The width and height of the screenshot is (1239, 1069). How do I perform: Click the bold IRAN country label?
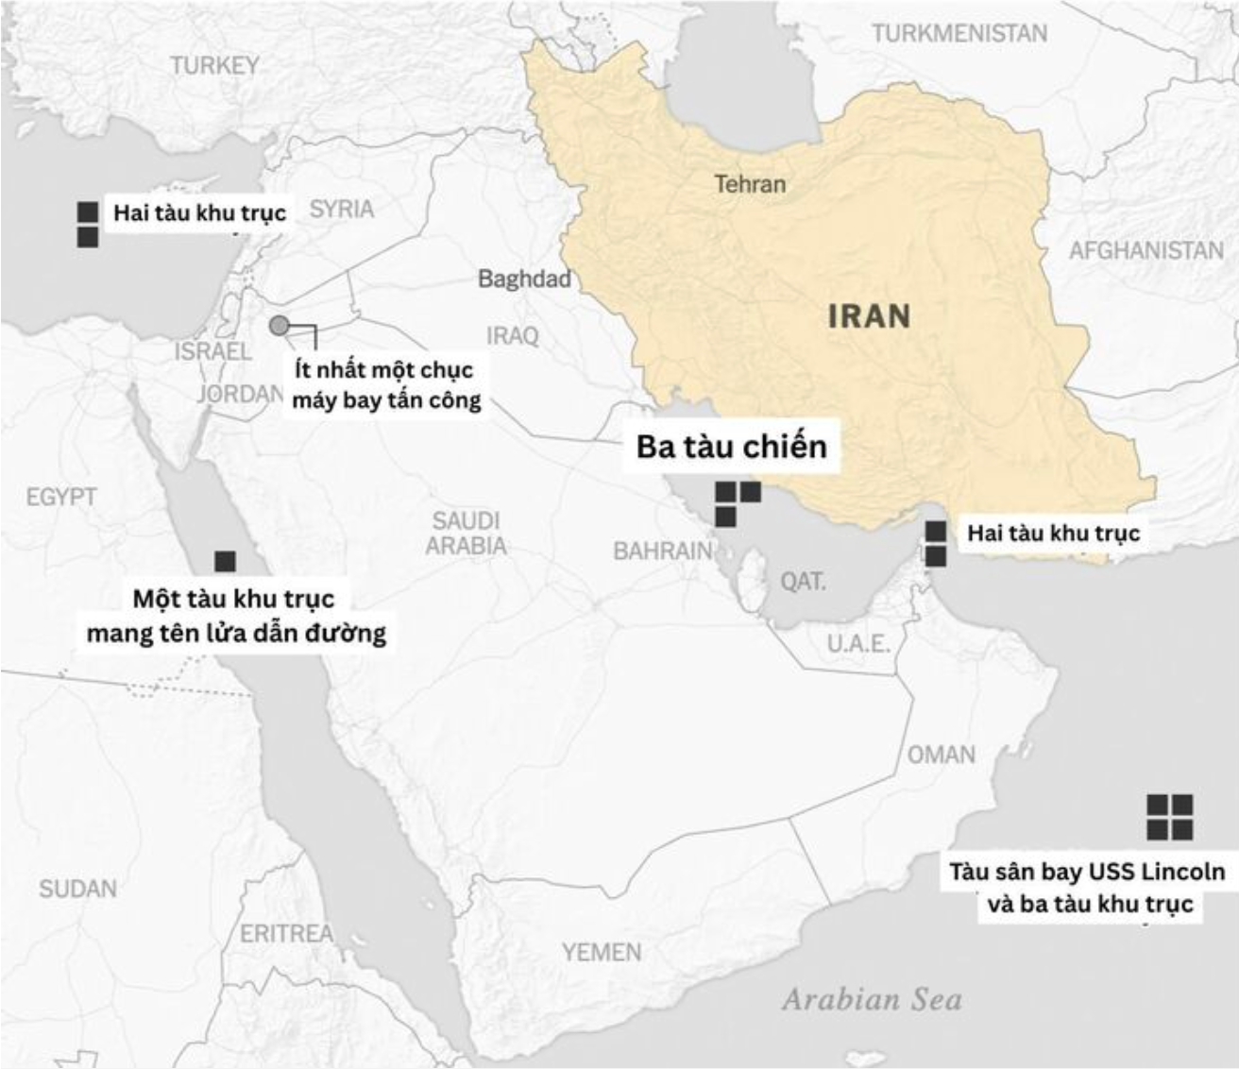click(x=869, y=315)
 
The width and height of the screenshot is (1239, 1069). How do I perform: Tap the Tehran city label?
click(x=750, y=183)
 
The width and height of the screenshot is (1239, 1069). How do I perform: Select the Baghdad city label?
click(x=524, y=279)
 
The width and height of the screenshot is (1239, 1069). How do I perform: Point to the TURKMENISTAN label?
click(x=959, y=34)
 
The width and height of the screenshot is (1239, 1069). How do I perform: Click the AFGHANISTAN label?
click(x=1146, y=250)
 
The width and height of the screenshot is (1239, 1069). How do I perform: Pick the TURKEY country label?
click(x=214, y=65)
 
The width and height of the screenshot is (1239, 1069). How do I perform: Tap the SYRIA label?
click(x=341, y=209)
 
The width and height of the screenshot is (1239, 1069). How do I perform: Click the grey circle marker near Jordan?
click(x=279, y=326)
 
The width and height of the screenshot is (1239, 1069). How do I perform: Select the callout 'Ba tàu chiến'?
click(x=731, y=446)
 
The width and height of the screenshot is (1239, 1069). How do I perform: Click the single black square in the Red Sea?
click(x=225, y=561)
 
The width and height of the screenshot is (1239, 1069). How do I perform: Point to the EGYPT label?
click(x=61, y=497)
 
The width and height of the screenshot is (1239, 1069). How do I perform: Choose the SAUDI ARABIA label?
click(x=466, y=534)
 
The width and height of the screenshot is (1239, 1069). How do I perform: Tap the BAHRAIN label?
click(x=662, y=551)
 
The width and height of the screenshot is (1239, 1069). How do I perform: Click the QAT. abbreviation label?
click(x=803, y=581)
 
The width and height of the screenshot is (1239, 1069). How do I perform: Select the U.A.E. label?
click(x=858, y=644)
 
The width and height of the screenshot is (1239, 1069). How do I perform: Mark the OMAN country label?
click(x=941, y=755)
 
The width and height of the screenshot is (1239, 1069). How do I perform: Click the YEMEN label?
click(x=602, y=952)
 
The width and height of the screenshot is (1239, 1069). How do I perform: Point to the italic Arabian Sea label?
click(x=871, y=1000)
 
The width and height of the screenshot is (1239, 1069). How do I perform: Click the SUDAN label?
click(x=78, y=889)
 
